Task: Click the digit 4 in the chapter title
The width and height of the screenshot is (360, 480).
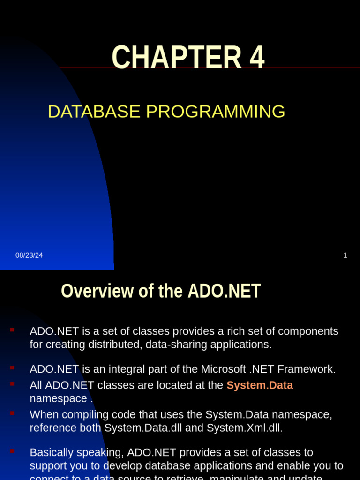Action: point(257,58)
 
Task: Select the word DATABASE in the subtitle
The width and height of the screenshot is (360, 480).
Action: point(94,112)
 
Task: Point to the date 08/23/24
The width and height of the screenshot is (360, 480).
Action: point(29,255)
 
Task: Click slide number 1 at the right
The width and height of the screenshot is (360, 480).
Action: point(345,255)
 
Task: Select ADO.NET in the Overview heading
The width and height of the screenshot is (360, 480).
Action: point(224,291)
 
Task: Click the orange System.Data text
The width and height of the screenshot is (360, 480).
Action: point(259,385)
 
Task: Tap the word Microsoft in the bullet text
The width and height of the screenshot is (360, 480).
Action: point(224,369)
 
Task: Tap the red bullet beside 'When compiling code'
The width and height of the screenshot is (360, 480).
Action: point(12,413)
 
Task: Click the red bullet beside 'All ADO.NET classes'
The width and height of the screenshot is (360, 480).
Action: point(12,384)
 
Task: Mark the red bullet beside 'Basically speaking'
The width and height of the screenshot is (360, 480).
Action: point(12,451)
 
